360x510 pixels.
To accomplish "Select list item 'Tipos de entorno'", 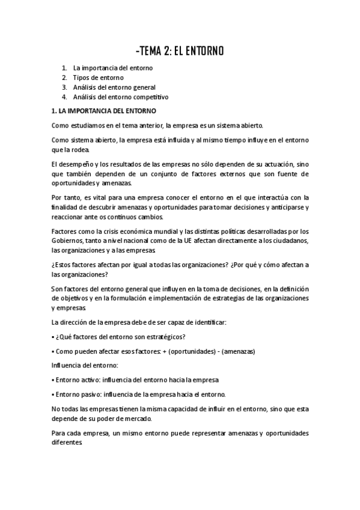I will click(98, 78).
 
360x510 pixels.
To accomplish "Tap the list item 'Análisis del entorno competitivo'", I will click(121, 97).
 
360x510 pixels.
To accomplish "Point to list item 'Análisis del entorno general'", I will click(114, 87).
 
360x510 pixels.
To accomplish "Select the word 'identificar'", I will click(209, 322).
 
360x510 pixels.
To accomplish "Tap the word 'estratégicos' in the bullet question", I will click(164, 337).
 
